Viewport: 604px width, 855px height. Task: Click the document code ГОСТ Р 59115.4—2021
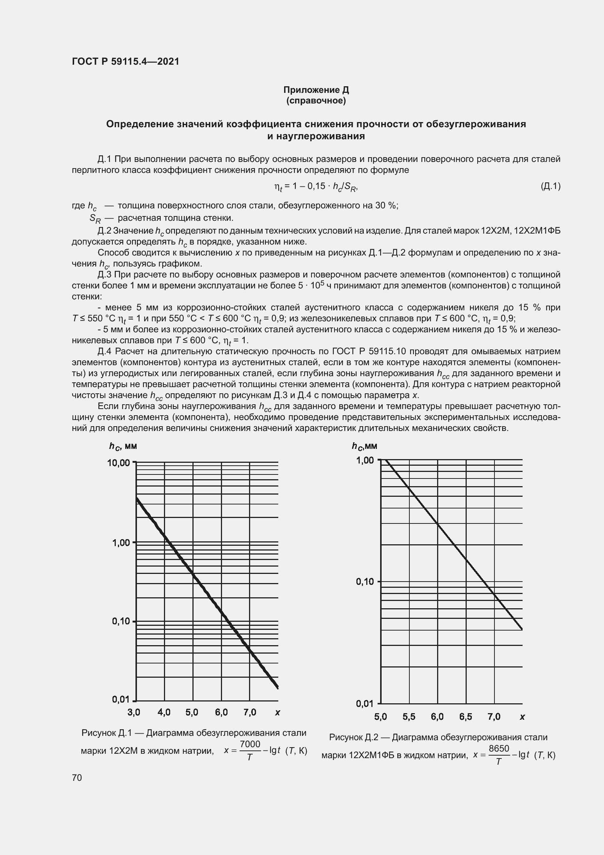[125, 61]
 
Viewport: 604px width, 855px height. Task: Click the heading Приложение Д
[316, 90]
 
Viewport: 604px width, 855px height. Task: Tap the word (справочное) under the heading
[316, 101]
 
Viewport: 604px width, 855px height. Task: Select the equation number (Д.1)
[550, 186]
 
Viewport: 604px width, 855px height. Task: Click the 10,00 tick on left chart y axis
[118, 463]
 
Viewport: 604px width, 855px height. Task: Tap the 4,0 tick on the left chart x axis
[164, 712]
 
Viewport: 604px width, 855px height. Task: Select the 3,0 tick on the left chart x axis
[134, 712]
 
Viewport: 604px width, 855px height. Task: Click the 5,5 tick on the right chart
[409, 716]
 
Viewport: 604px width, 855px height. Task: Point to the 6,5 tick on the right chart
[465, 716]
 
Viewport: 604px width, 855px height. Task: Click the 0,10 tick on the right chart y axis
[365, 581]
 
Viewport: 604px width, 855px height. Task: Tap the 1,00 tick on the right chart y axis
[365, 460]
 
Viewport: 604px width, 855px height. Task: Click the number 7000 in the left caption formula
[250, 744]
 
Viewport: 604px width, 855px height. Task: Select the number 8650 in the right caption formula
[499, 749]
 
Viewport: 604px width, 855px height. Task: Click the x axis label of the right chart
[522, 716]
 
